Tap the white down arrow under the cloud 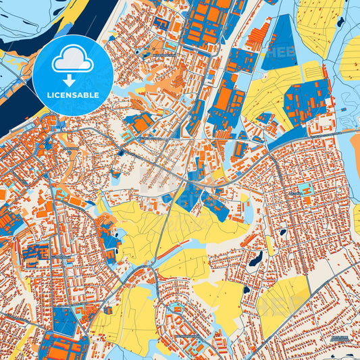(72, 76)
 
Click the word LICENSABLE (72, 95)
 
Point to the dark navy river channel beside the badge (20, 101)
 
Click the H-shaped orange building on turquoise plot (305, 190)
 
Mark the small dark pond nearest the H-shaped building (282, 232)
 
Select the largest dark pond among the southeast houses (256, 259)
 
